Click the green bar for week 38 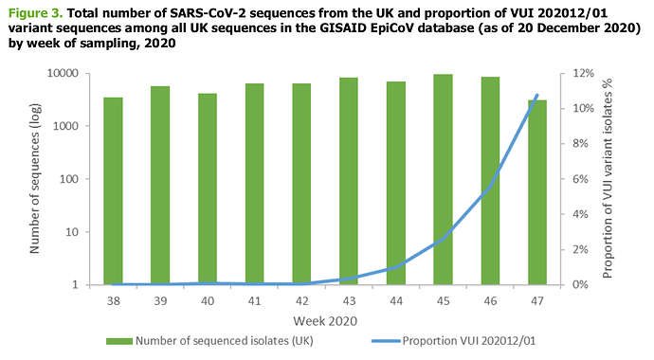[x=113, y=191]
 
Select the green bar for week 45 [x=443, y=180]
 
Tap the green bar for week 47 [x=537, y=192]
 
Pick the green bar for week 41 [x=254, y=184]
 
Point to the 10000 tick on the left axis [x=63, y=73]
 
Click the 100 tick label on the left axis [x=69, y=179]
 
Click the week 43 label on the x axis [x=349, y=301]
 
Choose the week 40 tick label [x=208, y=301]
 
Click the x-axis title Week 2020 [x=325, y=321]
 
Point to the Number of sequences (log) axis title [x=35, y=179]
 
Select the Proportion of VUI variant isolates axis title [x=608, y=178]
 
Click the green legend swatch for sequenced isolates [x=118, y=341]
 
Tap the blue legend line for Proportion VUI [x=386, y=341]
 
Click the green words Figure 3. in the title [x=35, y=13]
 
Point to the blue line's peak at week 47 [x=537, y=95]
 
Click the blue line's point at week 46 [x=490, y=187]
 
